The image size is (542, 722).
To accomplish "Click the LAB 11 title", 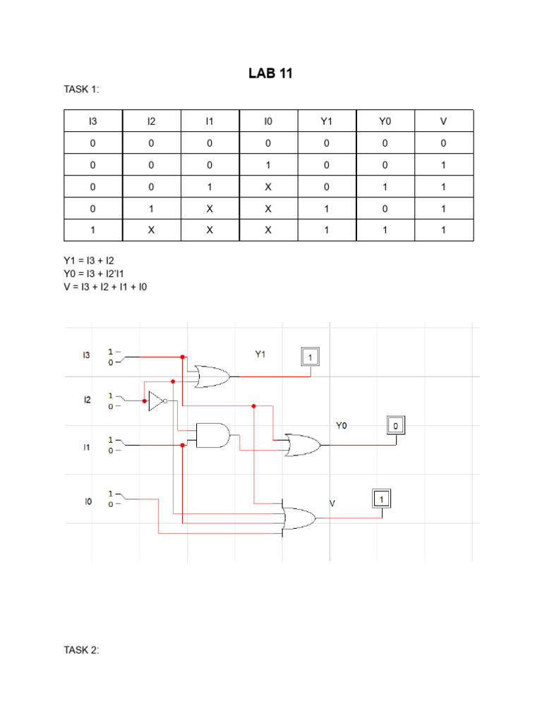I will [x=270, y=73].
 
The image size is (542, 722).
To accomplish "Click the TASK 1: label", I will [x=82, y=90].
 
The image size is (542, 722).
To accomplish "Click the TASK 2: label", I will [x=82, y=650].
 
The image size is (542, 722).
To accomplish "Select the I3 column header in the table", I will [x=92, y=121].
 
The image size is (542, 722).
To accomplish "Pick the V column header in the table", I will [x=443, y=121].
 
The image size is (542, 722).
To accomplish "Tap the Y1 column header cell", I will [x=326, y=121].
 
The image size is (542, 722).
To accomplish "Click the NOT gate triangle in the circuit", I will [x=157, y=400].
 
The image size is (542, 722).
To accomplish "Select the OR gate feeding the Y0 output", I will [x=302, y=445].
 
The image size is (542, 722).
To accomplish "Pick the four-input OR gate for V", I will [x=299, y=519].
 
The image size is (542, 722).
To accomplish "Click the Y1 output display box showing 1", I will [x=310, y=357].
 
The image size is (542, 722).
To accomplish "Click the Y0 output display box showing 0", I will [x=396, y=425].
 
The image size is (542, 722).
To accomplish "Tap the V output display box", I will [x=381, y=498].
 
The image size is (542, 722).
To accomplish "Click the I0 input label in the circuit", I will [x=88, y=502].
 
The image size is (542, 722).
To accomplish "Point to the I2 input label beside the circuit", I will [x=88, y=400].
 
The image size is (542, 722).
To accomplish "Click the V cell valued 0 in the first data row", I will [x=443, y=143].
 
